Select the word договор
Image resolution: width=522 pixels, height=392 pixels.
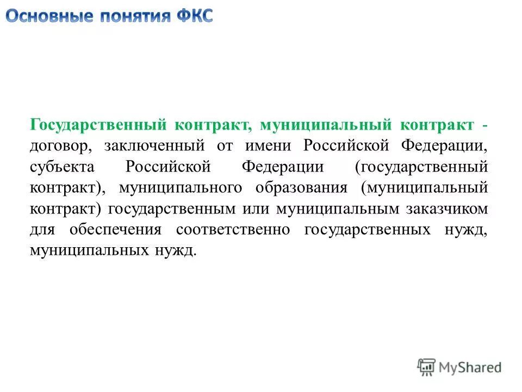57,146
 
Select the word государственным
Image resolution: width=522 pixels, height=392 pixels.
172,209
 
